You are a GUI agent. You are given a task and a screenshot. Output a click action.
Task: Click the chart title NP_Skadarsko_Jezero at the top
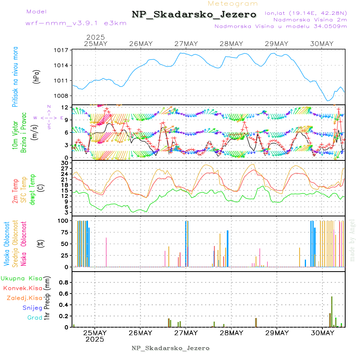pyautogui.click(x=194, y=14)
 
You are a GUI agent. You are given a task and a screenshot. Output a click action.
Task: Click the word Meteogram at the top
pyautogui.click(x=233, y=4)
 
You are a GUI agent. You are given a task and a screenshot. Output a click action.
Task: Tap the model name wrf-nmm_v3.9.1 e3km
pyautogui.click(x=76, y=23)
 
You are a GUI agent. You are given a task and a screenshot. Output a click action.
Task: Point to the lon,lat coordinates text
pyautogui.click(x=306, y=13)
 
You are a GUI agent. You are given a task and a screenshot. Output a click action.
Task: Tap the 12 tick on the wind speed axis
pyautogui.click(x=64, y=108)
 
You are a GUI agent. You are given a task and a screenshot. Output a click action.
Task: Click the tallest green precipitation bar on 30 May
pyautogui.click(x=332, y=312)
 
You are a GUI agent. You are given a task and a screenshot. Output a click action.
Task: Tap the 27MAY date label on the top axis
pyautogui.click(x=186, y=44)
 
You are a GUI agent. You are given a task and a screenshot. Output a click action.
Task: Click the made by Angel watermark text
pyautogui.click(x=352, y=240)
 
